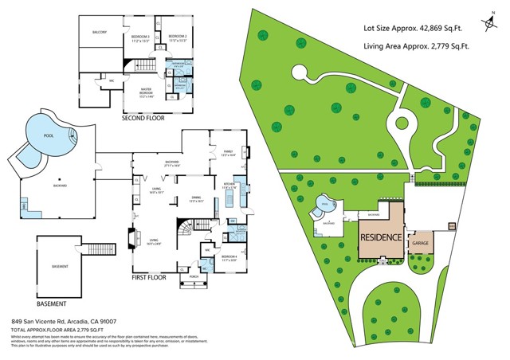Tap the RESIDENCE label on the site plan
(x=381, y=237)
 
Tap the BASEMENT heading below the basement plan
(x=50, y=304)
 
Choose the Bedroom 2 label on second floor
(x=178, y=37)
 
